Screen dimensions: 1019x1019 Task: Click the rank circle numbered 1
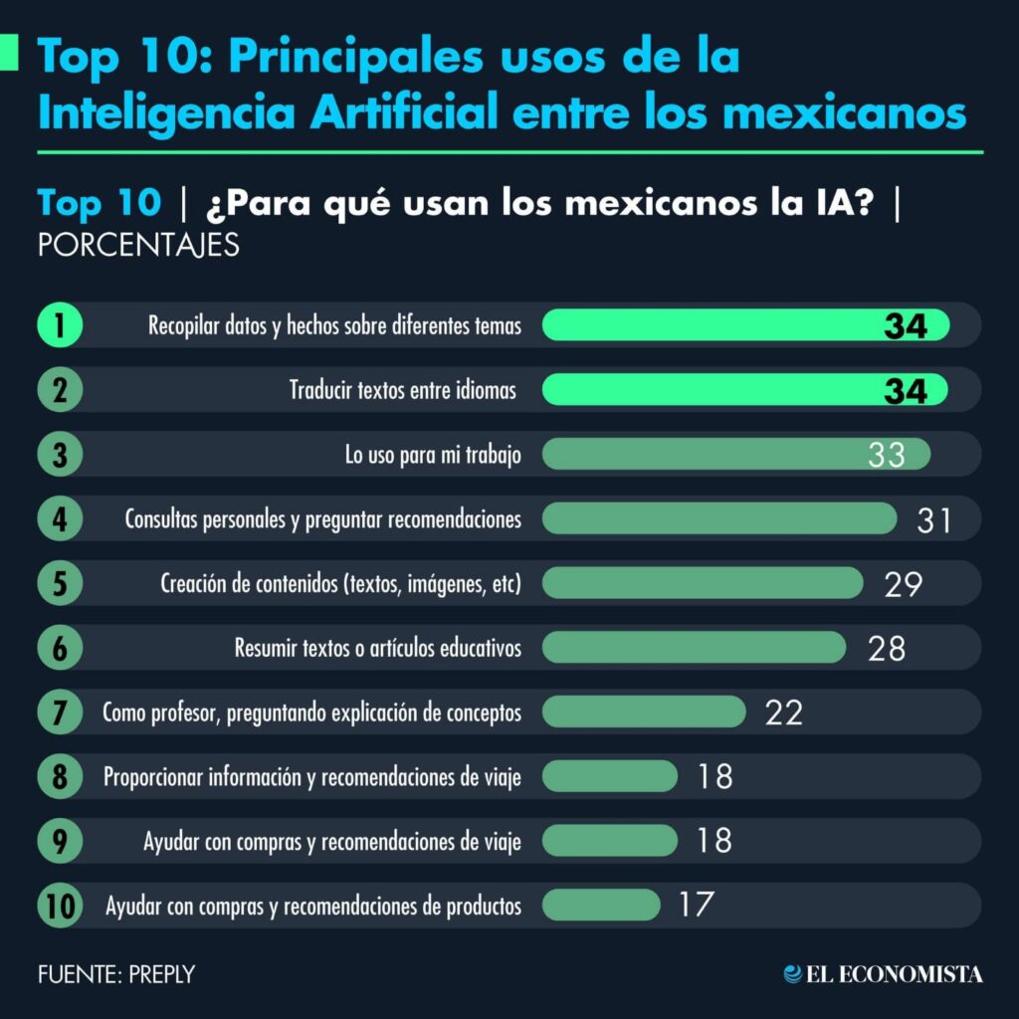(60, 325)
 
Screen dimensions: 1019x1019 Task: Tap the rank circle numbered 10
(60, 907)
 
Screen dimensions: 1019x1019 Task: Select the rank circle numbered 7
(60, 713)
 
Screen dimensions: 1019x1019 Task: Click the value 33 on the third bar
(886, 455)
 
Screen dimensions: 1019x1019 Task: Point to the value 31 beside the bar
(933, 519)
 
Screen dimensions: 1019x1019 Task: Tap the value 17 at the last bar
(697, 906)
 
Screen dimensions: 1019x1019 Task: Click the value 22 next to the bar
(783, 713)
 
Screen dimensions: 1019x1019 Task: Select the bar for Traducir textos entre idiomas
(744, 390)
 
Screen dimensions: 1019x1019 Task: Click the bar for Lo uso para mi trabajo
(736, 455)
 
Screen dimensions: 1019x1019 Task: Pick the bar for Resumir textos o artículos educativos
(694, 648)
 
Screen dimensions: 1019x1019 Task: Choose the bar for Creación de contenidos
(703, 583)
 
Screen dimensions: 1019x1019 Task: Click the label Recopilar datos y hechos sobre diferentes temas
(334, 325)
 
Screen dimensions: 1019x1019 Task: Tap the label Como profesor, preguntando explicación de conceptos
(311, 713)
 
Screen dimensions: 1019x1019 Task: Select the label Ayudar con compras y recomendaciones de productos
(313, 907)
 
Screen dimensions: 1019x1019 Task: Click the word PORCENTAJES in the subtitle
(138, 245)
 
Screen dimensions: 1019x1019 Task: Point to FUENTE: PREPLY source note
(116, 974)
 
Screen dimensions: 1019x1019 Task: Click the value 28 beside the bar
(886, 648)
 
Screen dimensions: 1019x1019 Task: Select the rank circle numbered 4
(60, 519)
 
